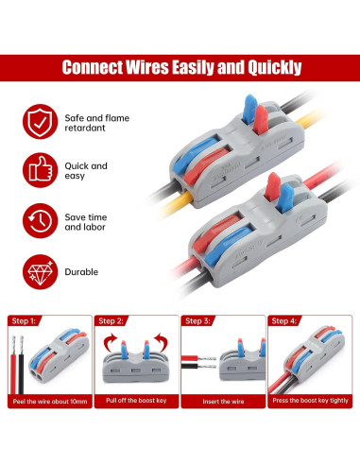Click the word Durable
81,271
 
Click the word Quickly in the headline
266,68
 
